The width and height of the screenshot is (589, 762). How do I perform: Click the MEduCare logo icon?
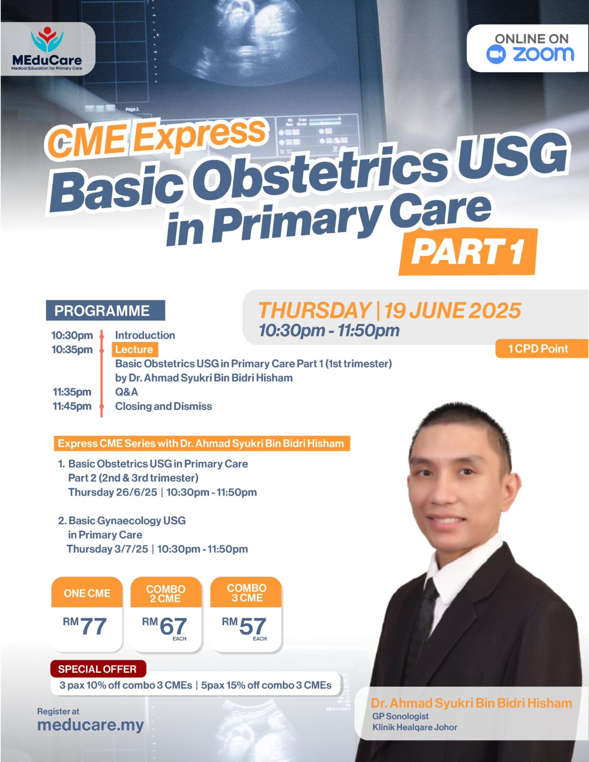click(47, 40)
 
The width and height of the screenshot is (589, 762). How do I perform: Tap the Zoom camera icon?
click(496, 54)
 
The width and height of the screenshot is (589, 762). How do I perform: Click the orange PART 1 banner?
click(468, 252)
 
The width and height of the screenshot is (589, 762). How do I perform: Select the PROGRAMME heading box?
click(106, 310)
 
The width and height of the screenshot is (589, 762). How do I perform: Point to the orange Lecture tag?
click(134, 349)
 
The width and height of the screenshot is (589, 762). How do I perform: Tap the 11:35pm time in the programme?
click(72, 392)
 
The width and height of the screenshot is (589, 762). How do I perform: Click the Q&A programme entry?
click(127, 392)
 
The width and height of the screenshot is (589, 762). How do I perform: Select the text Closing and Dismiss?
click(163, 406)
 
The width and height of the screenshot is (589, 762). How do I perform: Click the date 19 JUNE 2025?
click(452, 310)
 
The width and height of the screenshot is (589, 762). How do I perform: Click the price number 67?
click(173, 626)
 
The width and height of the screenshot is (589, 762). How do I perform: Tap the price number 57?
click(253, 626)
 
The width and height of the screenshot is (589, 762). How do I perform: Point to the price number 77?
click(94, 626)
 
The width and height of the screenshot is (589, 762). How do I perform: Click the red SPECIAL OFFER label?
click(98, 669)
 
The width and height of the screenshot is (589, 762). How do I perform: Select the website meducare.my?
click(90, 725)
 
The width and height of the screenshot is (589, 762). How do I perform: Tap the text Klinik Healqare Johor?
click(414, 727)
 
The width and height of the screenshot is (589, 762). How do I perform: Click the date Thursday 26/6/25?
click(113, 492)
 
